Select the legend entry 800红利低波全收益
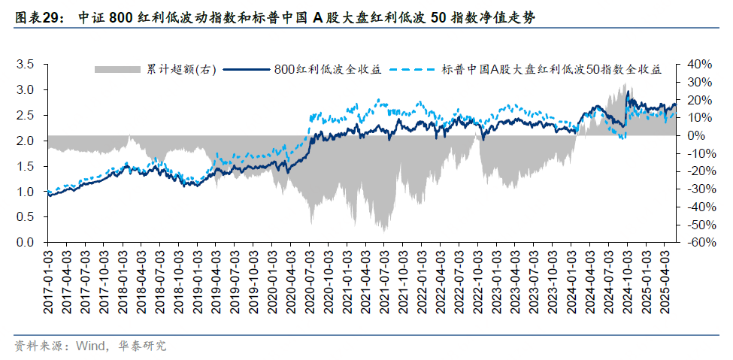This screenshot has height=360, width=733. coord(328,69)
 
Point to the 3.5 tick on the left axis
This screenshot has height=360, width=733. coord(26,65)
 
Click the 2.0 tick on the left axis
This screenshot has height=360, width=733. coord(26,141)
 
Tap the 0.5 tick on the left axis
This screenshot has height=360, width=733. coord(26,218)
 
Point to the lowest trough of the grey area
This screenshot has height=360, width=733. coord(384,231)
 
